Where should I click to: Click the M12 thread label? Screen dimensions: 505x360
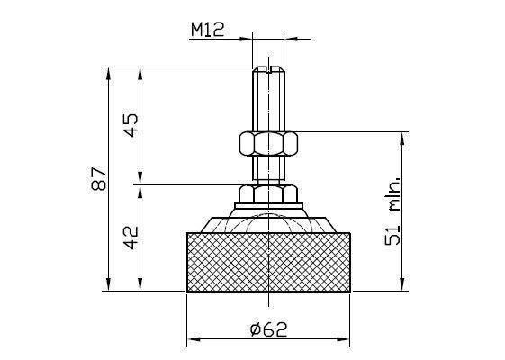click(207, 30)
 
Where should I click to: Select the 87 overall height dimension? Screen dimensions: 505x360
click(99, 179)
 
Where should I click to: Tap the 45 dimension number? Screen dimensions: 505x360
click(131, 125)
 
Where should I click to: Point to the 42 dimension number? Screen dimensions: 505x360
click(131, 238)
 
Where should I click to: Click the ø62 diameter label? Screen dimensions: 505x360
click(268, 329)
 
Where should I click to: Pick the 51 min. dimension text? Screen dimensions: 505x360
click(392, 211)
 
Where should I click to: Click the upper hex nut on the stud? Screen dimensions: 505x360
click(268, 143)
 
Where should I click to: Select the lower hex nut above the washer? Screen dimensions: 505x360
click(268, 193)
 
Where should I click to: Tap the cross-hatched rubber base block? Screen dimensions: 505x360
click(268, 262)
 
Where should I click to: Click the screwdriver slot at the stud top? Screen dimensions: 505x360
click(268, 69)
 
